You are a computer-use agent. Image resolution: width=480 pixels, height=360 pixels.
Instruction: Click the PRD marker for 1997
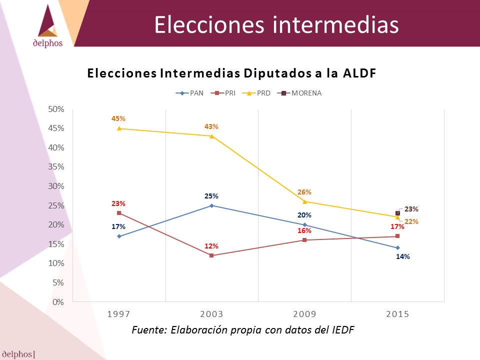(x=119, y=128)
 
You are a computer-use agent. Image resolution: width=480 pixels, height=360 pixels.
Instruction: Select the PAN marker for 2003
(x=211, y=205)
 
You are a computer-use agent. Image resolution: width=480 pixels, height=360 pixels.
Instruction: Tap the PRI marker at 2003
(x=211, y=255)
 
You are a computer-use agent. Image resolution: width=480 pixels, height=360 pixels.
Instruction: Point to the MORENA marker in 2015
(x=397, y=213)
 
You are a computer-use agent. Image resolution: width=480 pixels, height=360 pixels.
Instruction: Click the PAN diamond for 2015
(x=397, y=247)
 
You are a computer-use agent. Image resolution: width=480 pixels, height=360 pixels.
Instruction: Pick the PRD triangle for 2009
(x=304, y=201)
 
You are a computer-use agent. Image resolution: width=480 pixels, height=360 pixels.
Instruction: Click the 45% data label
(x=118, y=118)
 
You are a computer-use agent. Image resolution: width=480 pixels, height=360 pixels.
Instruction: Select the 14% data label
(x=403, y=256)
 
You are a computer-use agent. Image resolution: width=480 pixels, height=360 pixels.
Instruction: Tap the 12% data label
(x=211, y=246)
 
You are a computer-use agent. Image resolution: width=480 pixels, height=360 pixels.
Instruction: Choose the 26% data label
(x=304, y=192)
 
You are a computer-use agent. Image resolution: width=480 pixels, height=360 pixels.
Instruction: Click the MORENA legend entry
(x=299, y=93)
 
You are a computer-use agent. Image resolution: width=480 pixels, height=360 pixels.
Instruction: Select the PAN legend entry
(x=189, y=93)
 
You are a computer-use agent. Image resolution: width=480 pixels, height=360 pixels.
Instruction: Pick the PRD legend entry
(x=256, y=93)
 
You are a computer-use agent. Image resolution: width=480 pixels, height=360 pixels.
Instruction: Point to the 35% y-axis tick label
(x=56, y=167)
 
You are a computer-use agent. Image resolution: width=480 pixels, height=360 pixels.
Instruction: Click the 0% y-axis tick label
(x=58, y=302)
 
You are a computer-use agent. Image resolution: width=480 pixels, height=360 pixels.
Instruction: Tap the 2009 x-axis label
(x=304, y=314)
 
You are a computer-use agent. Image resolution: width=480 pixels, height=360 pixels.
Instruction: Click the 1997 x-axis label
(x=119, y=314)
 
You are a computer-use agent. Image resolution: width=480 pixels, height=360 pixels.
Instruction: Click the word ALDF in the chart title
(x=359, y=73)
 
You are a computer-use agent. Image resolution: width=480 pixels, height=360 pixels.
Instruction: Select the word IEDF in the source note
(x=343, y=329)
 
